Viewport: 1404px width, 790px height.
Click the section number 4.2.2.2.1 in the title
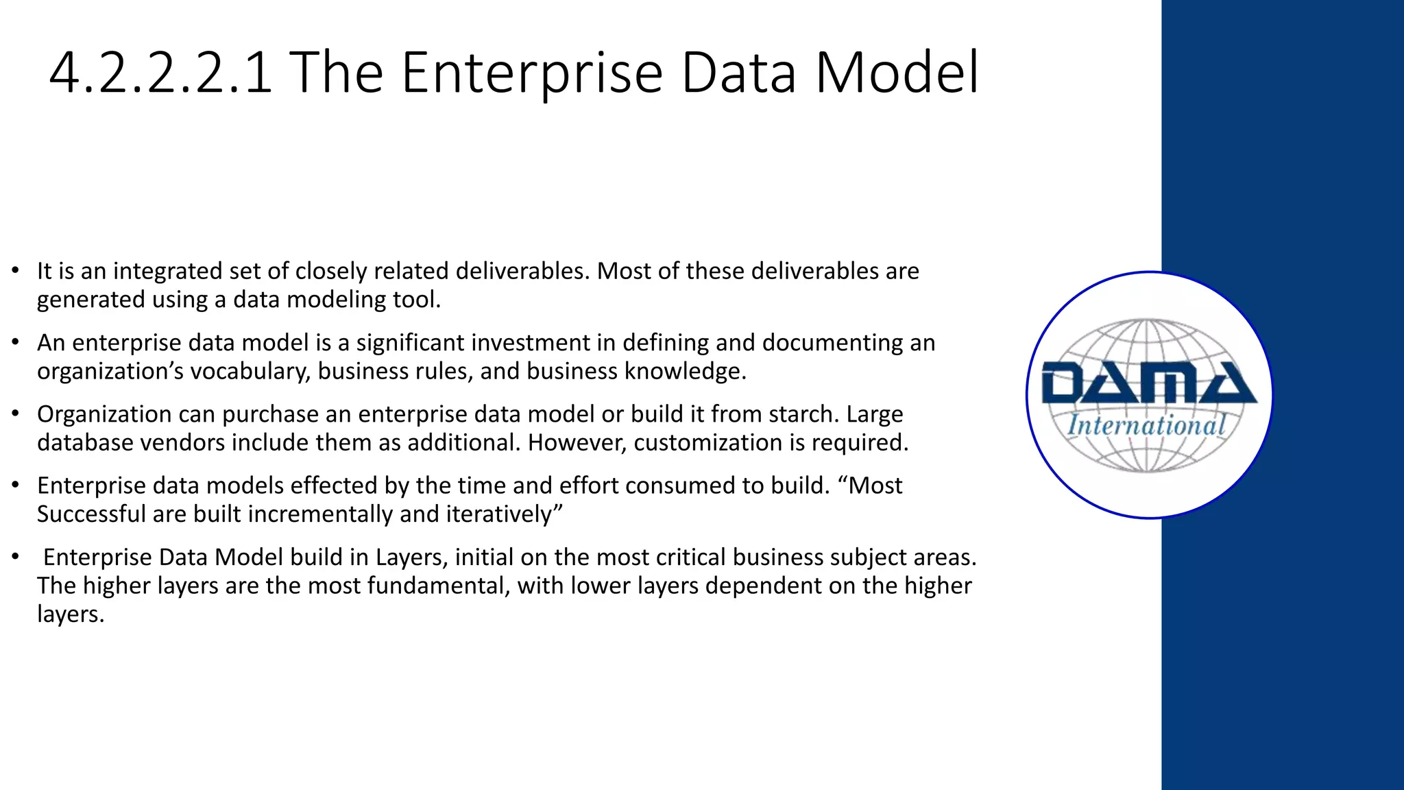(161, 73)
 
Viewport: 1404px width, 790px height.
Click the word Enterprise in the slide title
(532, 73)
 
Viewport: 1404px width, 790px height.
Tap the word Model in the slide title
(897, 73)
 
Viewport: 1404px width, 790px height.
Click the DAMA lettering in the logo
(1149, 383)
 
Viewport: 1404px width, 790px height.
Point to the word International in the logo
(1147, 425)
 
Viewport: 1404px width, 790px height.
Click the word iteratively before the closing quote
(503, 514)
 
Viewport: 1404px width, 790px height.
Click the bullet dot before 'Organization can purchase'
(15, 414)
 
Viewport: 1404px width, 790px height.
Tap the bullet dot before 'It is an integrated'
(15, 272)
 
